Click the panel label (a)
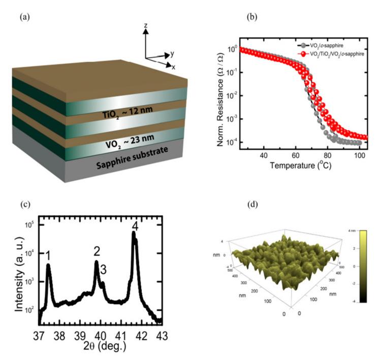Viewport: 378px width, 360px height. point(24,18)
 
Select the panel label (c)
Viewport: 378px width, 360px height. point(24,205)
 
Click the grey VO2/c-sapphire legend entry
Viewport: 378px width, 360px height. point(319,45)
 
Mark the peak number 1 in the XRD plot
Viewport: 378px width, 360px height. point(48,255)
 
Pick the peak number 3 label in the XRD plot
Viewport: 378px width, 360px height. point(104,270)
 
